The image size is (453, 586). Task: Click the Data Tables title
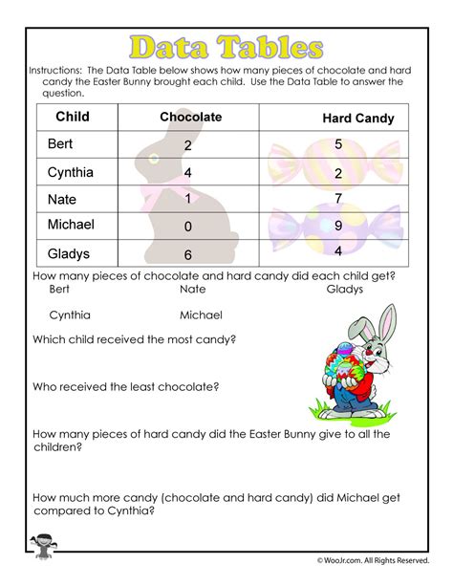tap(226, 47)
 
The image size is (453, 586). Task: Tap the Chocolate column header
tap(190, 117)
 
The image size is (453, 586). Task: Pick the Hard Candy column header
tap(358, 119)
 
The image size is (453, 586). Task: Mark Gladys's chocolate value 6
tap(187, 255)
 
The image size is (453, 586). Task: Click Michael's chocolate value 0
tap(187, 228)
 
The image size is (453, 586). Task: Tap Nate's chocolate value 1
tap(187, 199)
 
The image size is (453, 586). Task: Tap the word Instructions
tap(59, 71)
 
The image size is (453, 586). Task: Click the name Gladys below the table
tap(345, 287)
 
